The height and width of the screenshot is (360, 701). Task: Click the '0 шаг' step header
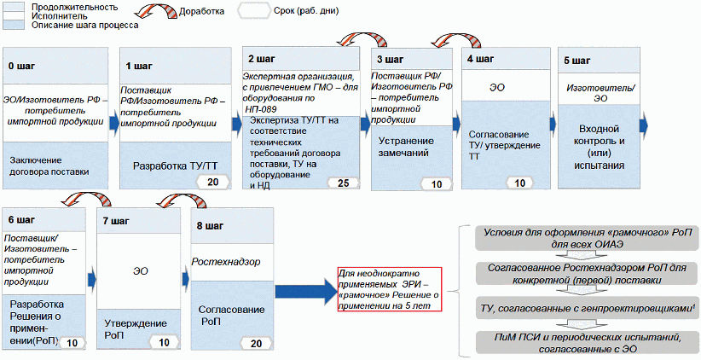click(x=20, y=65)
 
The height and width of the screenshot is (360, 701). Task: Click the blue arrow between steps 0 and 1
click(x=113, y=124)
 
